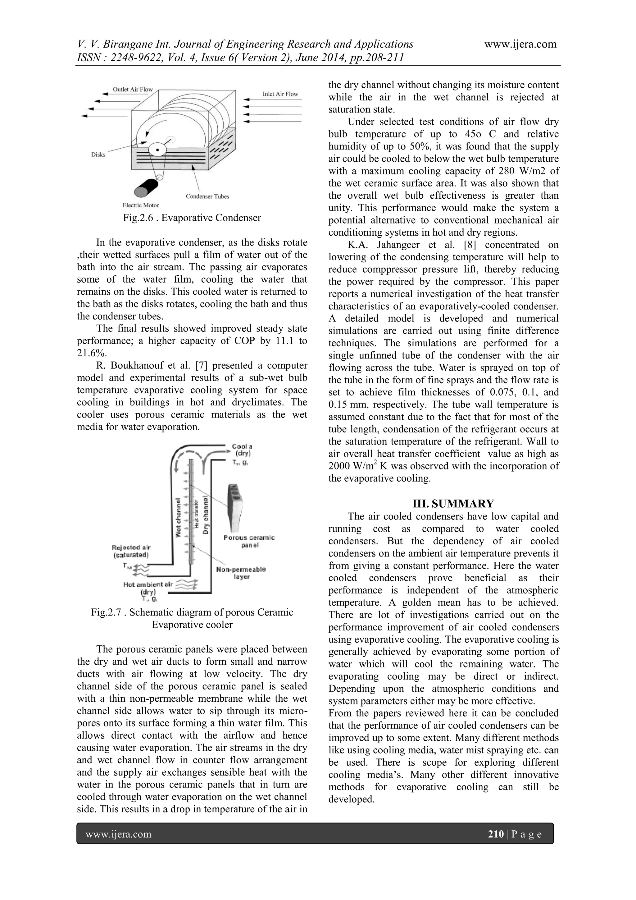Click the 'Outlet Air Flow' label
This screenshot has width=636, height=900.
point(133,89)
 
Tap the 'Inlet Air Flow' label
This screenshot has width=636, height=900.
point(280,94)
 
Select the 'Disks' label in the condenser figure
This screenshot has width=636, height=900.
point(98,155)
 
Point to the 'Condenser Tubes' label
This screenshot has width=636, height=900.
point(207,196)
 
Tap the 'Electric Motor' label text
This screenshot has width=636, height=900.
point(141,205)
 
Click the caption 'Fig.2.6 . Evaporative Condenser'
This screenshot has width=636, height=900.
point(192,218)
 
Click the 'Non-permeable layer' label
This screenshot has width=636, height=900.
point(241,573)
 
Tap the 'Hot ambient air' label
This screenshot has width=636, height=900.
point(148,584)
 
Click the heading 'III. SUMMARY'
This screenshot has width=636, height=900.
point(444,504)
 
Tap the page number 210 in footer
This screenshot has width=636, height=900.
point(496,834)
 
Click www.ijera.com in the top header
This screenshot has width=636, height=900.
point(520,44)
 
